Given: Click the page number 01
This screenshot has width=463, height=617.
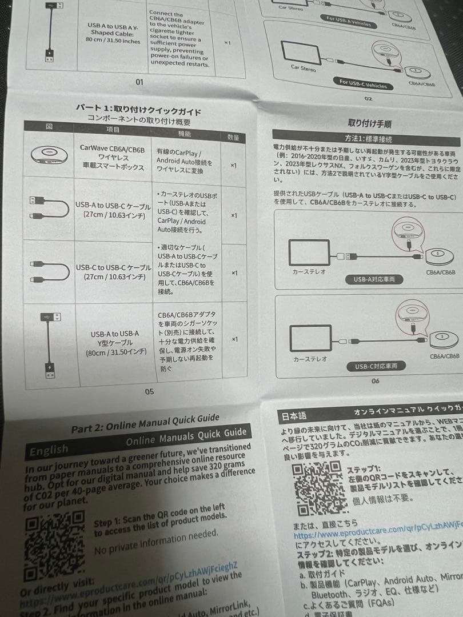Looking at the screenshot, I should pos(139,82).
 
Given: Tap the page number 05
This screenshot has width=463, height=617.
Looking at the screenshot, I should pos(149,391).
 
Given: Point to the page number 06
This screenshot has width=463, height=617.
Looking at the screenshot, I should pos(375,381).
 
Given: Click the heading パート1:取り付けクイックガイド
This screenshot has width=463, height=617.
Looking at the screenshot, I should pos(138,109).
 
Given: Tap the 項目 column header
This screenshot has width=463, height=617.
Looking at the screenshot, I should pos(113,130).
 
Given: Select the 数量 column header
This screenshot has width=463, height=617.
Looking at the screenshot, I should pos(233,138).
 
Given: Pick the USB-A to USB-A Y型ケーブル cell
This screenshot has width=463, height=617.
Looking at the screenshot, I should pos(114,343).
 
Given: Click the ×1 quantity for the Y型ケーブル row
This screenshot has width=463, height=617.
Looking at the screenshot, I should pos(235,339).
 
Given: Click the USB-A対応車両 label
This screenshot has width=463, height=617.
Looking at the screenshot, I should pos(374,279).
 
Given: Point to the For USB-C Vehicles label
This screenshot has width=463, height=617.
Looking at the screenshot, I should pos(363,85).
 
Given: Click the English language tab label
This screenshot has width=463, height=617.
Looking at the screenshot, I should pos(49,450).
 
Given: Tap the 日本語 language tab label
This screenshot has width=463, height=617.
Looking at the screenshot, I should pos(295,416).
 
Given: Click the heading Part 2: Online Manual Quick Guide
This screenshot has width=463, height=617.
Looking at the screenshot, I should pos(144,423).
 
